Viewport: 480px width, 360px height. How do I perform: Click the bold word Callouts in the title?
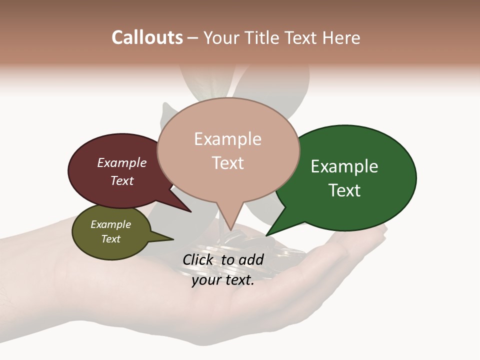(147, 37)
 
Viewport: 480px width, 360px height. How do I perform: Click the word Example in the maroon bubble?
(121, 162)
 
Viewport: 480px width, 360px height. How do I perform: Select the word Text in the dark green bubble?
(344, 190)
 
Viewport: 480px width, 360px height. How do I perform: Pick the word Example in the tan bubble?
(227, 139)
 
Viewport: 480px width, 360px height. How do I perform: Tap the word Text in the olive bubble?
(110, 239)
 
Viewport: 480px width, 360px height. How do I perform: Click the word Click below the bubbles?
(197, 259)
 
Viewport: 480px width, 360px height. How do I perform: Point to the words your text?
(223, 280)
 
